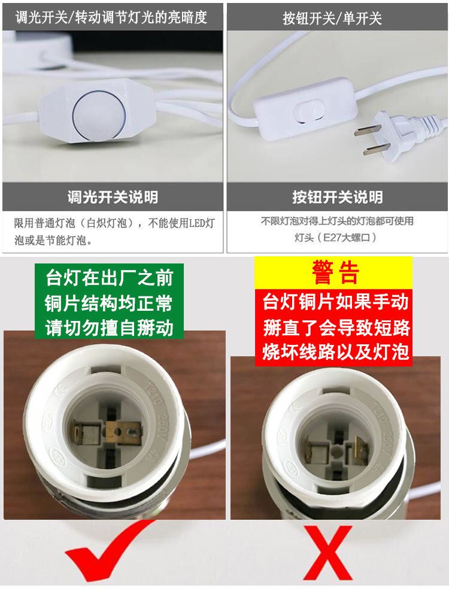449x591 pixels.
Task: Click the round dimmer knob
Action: [x=98, y=115]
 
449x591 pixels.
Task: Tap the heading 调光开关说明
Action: [x=113, y=197]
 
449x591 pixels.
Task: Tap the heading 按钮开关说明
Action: [x=338, y=197]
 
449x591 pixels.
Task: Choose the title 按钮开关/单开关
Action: [x=332, y=18]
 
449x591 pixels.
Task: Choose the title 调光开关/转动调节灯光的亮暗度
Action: [x=111, y=17]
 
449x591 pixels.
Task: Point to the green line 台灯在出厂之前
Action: [x=110, y=278]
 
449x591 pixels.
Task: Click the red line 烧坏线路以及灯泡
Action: [x=336, y=352]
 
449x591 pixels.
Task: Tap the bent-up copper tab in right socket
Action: [x=360, y=449]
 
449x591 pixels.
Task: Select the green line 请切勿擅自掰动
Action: [x=110, y=328]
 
